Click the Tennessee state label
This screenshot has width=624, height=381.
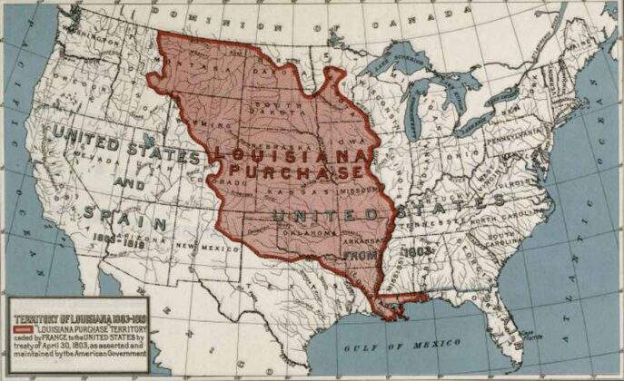coord(436,222)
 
